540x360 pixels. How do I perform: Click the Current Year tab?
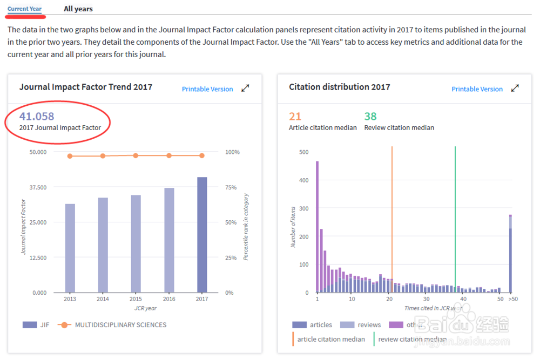click(24, 9)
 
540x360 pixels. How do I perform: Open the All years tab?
click(78, 9)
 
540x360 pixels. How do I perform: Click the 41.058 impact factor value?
click(37, 116)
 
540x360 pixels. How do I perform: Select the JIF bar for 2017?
click(202, 235)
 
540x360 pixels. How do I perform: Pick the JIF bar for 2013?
click(70, 248)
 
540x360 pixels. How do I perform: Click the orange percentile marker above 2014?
click(103, 156)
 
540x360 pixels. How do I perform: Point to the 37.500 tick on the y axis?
click(38, 187)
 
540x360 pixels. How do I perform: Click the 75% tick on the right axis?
click(231, 187)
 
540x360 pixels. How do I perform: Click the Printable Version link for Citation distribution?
click(477, 89)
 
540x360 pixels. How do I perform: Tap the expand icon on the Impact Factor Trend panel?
click(245, 89)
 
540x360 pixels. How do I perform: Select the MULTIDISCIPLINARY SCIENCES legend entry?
click(120, 325)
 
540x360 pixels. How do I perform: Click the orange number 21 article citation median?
click(295, 116)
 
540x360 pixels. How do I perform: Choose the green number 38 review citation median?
click(370, 116)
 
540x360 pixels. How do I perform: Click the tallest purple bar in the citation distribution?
click(317, 227)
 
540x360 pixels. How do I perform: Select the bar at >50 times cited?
click(510, 254)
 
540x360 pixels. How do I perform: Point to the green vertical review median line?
click(455, 216)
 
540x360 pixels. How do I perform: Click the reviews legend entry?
click(369, 325)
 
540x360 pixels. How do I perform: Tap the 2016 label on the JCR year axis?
click(169, 299)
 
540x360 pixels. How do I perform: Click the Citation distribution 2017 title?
click(339, 87)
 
